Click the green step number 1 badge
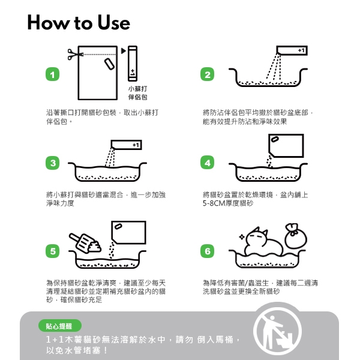(x=53, y=74)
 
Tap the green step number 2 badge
(x=208, y=74)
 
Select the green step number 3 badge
(x=53, y=163)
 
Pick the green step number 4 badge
(x=208, y=163)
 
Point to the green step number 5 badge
(x=53, y=251)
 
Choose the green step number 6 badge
(x=208, y=251)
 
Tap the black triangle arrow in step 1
(x=124, y=51)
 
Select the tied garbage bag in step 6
(x=296, y=236)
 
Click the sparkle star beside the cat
(x=242, y=237)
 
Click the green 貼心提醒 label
(x=59, y=326)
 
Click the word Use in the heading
(x=113, y=23)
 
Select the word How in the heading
(x=49, y=23)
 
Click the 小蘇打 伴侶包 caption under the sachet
(x=137, y=93)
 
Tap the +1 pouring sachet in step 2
(x=292, y=50)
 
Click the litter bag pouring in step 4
(x=286, y=146)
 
